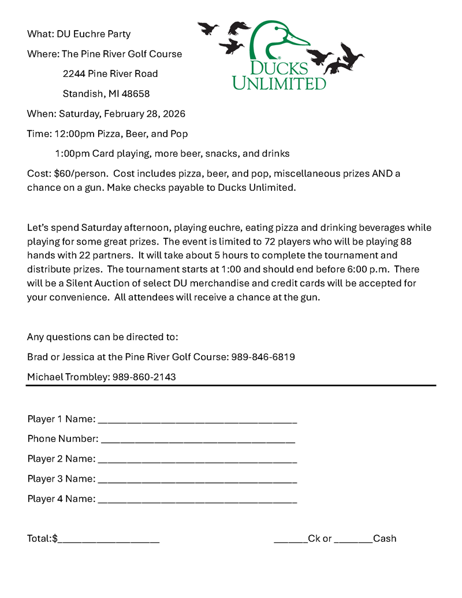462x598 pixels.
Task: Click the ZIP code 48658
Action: coord(136,94)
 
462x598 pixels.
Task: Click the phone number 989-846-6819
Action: coord(263,357)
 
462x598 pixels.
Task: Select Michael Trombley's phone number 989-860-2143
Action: coord(144,377)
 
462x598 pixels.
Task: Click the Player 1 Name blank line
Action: coord(197,420)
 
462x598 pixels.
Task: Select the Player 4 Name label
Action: coord(61,499)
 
